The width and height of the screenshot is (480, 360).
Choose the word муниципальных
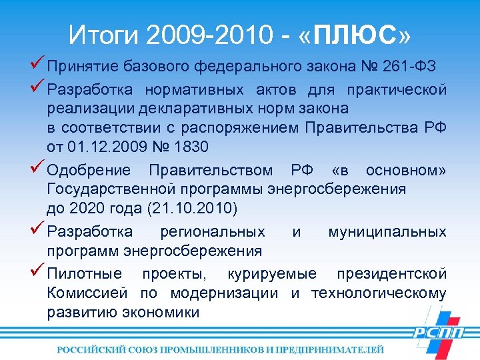387,232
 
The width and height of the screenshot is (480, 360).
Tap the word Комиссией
87,293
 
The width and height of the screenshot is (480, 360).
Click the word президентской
391,273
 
